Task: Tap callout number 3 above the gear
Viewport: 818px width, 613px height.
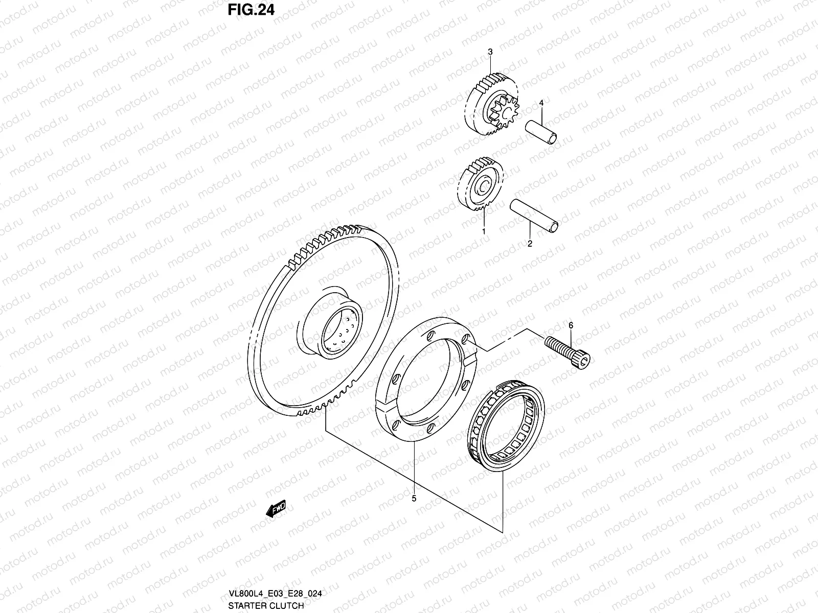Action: click(490, 52)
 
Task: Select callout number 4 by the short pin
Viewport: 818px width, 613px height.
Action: click(541, 104)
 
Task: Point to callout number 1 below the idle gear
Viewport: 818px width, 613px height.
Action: click(484, 231)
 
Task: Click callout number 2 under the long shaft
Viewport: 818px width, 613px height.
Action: click(530, 244)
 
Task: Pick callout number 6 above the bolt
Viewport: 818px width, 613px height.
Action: click(571, 325)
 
